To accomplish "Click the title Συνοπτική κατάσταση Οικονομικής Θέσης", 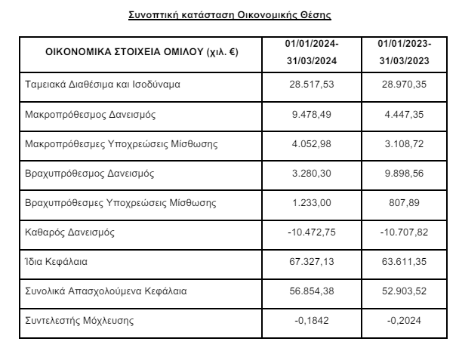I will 229,14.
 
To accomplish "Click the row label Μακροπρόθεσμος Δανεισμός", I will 84,115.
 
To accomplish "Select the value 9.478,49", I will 312,115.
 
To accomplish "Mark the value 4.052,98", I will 312,145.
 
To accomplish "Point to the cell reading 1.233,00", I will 312,203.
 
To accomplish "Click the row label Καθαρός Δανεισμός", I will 69,232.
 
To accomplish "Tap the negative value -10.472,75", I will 312,232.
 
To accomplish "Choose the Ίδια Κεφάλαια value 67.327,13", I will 312,261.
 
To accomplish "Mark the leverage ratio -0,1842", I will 312,320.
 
